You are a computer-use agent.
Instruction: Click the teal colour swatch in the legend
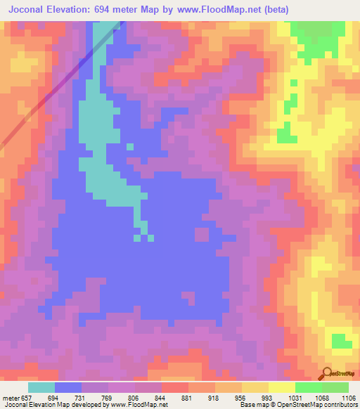(x=41, y=387)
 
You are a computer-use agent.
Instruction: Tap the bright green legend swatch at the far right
(x=335, y=387)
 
